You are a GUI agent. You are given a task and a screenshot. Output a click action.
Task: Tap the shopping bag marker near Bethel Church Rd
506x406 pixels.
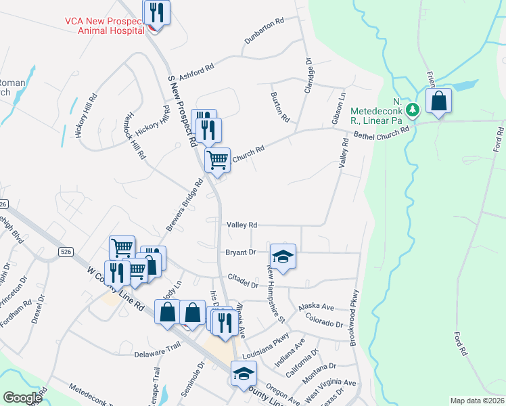(x=438, y=101)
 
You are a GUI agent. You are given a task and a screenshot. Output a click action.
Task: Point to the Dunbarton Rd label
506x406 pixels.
(x=265, y=39)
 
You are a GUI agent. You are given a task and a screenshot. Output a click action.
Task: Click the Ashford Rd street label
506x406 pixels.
(x=198, y=68)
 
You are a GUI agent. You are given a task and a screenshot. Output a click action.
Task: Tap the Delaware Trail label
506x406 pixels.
(x=158, y=354)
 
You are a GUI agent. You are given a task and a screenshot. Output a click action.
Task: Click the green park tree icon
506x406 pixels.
(x=412, y=108)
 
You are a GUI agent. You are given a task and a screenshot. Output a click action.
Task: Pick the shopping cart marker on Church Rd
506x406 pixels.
(x=217, y=160)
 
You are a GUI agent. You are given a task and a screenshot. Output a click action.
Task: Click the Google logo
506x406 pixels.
(x=22, y=398)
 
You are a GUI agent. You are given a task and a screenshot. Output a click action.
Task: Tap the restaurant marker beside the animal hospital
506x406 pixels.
(x=156, y=12)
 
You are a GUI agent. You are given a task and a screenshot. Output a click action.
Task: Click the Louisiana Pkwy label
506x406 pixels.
(x=266, y=344)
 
